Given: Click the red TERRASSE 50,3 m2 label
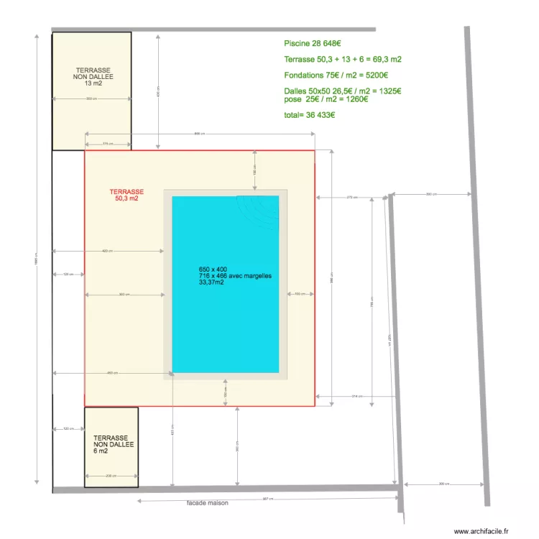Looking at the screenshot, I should tap(126, 195).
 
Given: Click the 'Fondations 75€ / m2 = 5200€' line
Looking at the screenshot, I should tap(336, 75).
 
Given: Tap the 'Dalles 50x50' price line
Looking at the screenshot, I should tap(342, 91).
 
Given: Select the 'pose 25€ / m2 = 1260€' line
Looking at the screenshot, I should tap(326, 99).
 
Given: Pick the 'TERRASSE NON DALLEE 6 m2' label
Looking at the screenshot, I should tap(111, 444).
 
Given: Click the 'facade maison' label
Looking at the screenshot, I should tap(207, 503).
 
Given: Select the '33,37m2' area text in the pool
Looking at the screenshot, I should tap(211, 282).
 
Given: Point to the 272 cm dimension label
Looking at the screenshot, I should tap(351, 197).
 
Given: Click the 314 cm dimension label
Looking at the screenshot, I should tap(356, 396).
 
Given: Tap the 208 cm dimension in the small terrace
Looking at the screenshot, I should tap(111, 476).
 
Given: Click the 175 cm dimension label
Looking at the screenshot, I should tap(108, 144).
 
